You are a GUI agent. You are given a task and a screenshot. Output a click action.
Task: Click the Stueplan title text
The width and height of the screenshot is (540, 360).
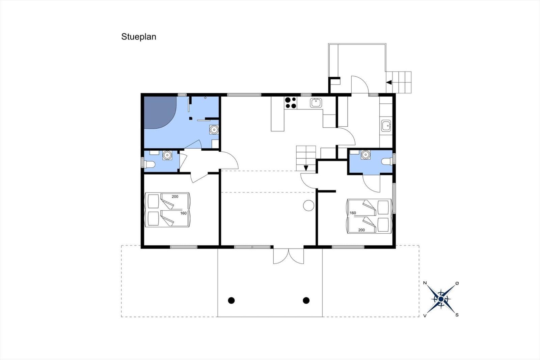[x=139, y=37]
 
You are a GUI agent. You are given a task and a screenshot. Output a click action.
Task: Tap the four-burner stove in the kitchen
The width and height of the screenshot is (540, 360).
[x=290, y=103]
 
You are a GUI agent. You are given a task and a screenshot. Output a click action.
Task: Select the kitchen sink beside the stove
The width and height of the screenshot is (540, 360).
[x=316, y=103]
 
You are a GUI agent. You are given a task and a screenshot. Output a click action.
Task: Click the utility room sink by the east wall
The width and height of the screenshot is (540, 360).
[x=386, y=126]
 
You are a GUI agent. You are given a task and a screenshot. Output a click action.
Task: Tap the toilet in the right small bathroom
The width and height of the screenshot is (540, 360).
[x=387, y=161]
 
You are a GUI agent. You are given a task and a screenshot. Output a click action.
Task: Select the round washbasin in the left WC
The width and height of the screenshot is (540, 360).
[x=167, y=155]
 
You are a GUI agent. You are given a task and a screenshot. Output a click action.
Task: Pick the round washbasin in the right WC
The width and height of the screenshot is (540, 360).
[x=365, y=155]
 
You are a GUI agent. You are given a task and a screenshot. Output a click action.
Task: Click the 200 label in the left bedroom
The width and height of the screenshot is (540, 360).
[x=175, y=197]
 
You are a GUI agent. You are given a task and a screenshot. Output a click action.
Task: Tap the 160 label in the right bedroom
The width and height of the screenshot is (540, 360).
[x=353, y=213]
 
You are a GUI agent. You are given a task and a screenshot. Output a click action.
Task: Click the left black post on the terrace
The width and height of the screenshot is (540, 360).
[x=231, y=300]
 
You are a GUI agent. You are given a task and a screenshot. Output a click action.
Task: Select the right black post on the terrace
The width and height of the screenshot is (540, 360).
[x=306, y=300]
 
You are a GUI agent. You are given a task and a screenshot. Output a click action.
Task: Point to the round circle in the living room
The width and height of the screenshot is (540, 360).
[x=308, y=205]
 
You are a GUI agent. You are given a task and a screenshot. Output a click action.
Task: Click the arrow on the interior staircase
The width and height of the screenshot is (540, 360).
[x=306, y=168]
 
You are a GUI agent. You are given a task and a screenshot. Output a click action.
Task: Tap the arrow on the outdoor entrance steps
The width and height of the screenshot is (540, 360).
[x=389, y=82]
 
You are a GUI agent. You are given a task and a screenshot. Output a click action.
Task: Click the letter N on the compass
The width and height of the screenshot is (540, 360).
[x=425, y=283]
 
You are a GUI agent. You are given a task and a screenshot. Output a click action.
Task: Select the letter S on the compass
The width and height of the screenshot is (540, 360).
[x=457, y=315]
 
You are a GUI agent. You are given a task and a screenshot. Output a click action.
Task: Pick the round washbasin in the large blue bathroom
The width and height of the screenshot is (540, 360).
[x=214, y=129]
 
